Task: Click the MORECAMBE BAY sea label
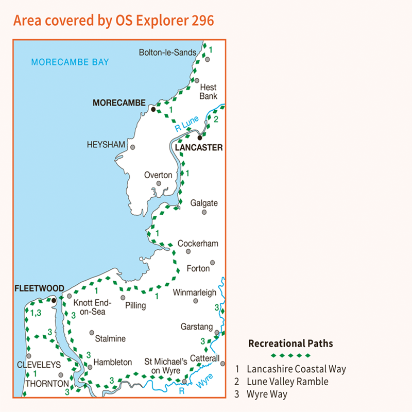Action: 70,62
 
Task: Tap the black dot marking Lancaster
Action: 200,138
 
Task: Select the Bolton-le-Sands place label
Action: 168,52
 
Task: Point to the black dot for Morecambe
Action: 153,109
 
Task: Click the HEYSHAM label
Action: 107,145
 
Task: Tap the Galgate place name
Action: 204,203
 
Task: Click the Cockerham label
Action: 195,243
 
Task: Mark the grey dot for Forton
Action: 212,262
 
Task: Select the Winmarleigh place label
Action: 195,293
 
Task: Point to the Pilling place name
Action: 136,305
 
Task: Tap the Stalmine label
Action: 110,339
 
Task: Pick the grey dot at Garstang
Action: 217,333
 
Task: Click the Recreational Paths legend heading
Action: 290,344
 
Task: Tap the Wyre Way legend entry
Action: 267,394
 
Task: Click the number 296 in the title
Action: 195,21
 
